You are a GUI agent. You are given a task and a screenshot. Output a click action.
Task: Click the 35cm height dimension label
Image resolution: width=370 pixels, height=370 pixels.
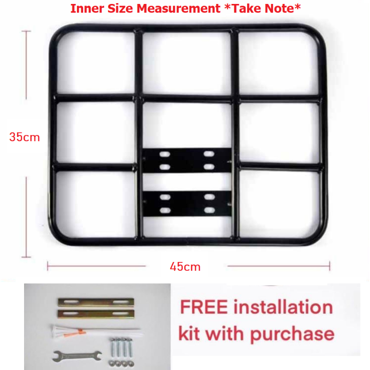(x=24, y=137)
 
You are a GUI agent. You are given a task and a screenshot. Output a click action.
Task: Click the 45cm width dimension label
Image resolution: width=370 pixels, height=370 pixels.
(x=185, y=267)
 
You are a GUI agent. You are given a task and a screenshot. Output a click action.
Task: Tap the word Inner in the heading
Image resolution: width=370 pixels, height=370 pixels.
(x=87, y=8)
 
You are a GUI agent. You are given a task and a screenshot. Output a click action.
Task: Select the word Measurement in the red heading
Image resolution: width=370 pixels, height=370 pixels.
(x=178, y=8)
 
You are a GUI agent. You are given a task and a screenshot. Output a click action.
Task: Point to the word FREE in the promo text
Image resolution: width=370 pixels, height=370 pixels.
(x=204, y=307)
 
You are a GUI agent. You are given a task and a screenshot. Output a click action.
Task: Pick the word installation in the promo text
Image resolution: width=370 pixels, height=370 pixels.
(x=283, y=307)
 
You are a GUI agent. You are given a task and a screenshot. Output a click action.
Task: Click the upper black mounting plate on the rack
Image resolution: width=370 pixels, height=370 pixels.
(x=187, y=160)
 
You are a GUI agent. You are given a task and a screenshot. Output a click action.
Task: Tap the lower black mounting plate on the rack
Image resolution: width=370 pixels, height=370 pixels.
(x=187, y=203)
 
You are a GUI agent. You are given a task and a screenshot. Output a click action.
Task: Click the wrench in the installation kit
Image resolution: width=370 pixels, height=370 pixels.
(x=77, y=356)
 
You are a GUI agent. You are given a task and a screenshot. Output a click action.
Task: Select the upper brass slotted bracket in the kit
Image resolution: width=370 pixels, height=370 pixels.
(x=96, y=302)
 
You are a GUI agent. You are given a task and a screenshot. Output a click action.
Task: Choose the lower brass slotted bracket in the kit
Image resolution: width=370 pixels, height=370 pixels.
(x=96, y=314)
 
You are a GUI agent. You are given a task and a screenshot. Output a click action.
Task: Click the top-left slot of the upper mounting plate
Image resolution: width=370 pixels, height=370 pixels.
(x=165, y=154)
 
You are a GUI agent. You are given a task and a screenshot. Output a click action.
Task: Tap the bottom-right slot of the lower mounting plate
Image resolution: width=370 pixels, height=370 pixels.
(x=209, y=210)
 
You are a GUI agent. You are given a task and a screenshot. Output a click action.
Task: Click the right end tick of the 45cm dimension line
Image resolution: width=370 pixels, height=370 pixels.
(x=330, y=266)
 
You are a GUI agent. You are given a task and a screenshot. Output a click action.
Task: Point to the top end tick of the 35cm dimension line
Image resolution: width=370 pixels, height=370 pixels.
(x=26, y=31)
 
